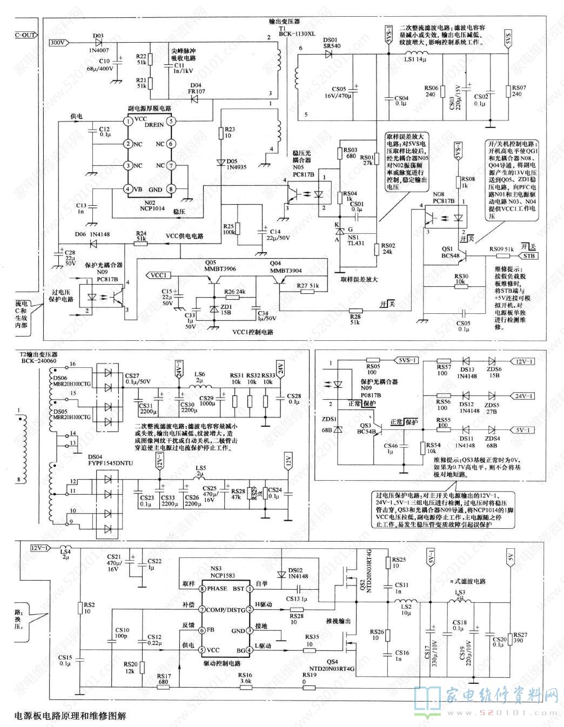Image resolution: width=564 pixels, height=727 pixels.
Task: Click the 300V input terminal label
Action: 58,43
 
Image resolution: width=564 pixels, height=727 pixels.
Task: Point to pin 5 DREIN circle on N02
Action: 171,122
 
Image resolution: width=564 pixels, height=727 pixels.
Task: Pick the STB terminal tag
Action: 528,255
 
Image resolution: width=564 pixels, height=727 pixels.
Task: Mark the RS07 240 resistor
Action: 508,91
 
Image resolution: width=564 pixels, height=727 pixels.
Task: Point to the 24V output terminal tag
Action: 280,367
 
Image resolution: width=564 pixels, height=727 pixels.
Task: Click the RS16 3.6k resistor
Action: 245,682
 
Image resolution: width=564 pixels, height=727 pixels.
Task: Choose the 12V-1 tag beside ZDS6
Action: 524,362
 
